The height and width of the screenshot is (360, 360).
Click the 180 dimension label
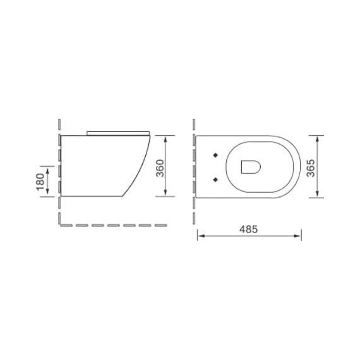pyautogui.click(x=40, y=182)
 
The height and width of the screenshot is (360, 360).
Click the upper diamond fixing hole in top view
pyautogui.click(x=217, y=153)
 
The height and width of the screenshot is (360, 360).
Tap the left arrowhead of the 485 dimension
pyautogui.click(x=200, y=237)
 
